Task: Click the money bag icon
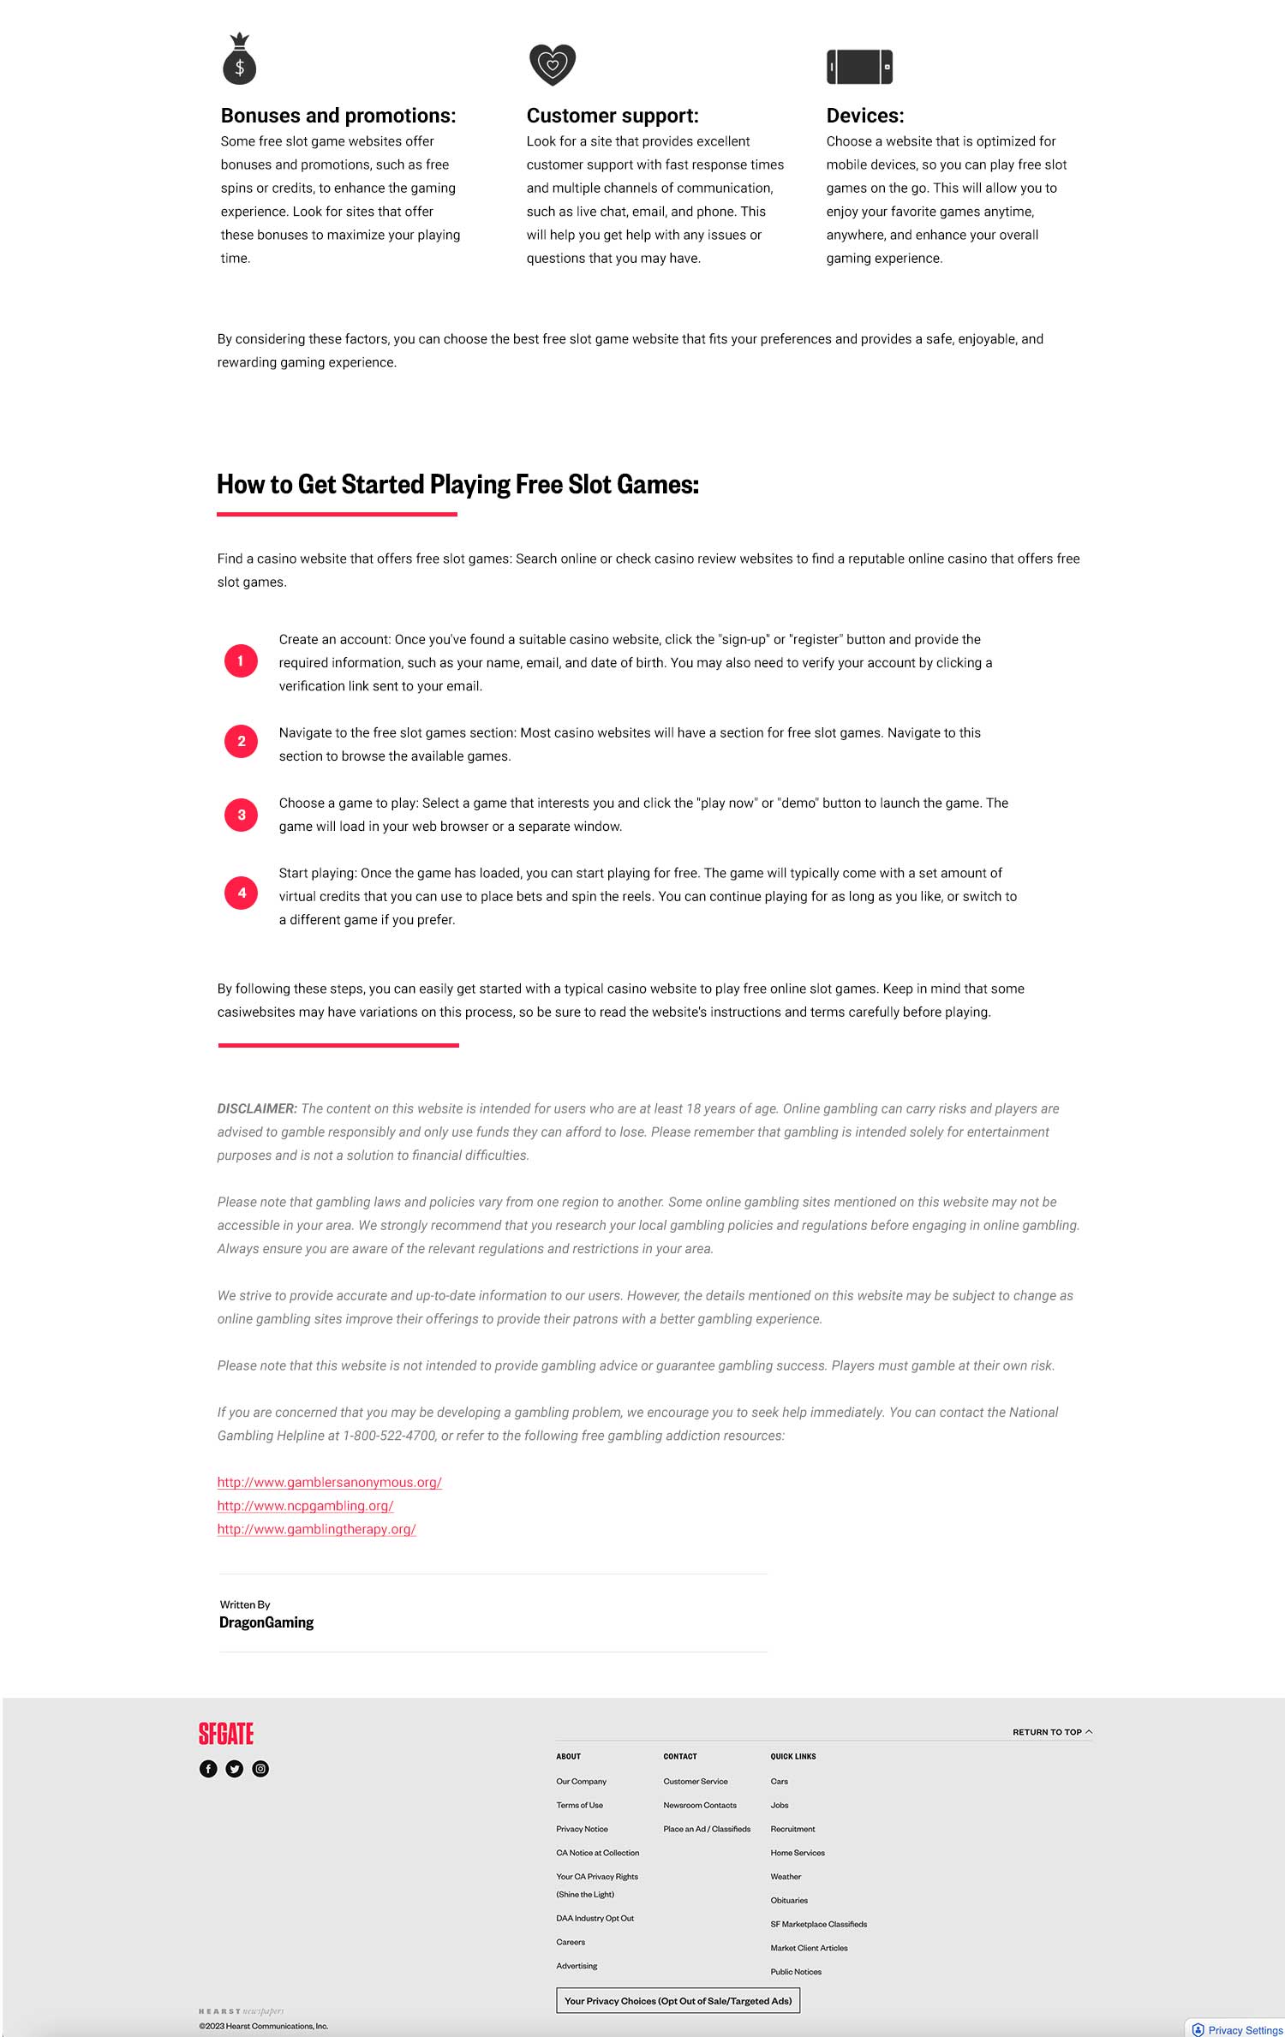point(240,60)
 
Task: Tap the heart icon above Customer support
point(553,64)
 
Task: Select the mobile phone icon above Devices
point(859,67)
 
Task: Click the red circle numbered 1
point(241,661)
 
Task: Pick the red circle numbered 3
point(241,815)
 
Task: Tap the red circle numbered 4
point(241,893)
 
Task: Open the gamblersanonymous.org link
point(329,1482)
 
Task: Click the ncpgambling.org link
point(305,1505)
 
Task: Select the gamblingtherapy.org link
point(316,1529)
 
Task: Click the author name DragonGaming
point(266,1622)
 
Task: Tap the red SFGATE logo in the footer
point(226,1734)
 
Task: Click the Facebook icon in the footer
point(208,1769)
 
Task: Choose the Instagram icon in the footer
point(260,1769)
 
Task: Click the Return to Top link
point(1051,1732)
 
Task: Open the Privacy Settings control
point(1238,2029)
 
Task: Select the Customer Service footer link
point(695,1781)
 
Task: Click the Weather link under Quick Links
point(786,1876)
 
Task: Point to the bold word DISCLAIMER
point(257,1108)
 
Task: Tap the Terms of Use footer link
point(579,1805)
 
